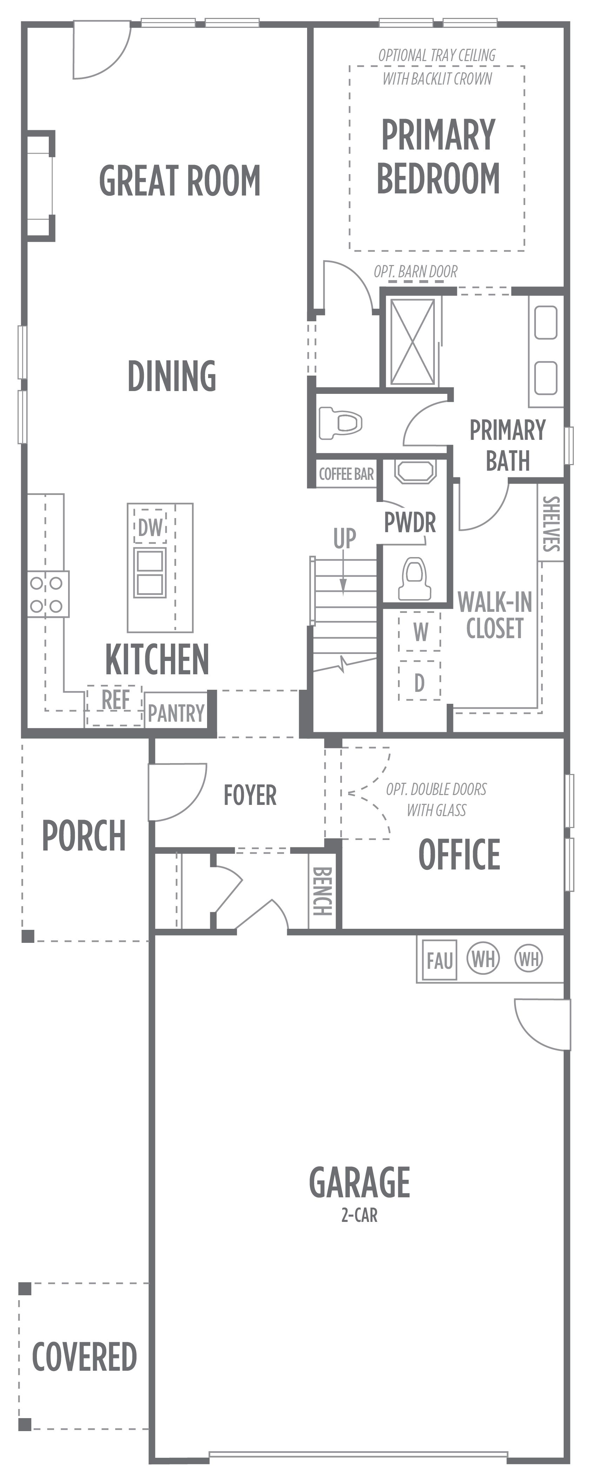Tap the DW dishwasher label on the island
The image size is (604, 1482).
pos(150,527)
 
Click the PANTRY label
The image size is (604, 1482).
pos(176,713)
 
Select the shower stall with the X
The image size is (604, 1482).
pos(412,342)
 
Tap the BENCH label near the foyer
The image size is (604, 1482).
pos(321,891)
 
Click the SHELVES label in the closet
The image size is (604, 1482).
pos(551,523)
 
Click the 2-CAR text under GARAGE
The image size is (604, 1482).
pos(359,1215)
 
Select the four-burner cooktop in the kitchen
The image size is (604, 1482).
pos(47,594)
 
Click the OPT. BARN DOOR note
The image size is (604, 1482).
pos(415,272)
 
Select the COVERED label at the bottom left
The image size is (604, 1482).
pos(84,1356)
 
